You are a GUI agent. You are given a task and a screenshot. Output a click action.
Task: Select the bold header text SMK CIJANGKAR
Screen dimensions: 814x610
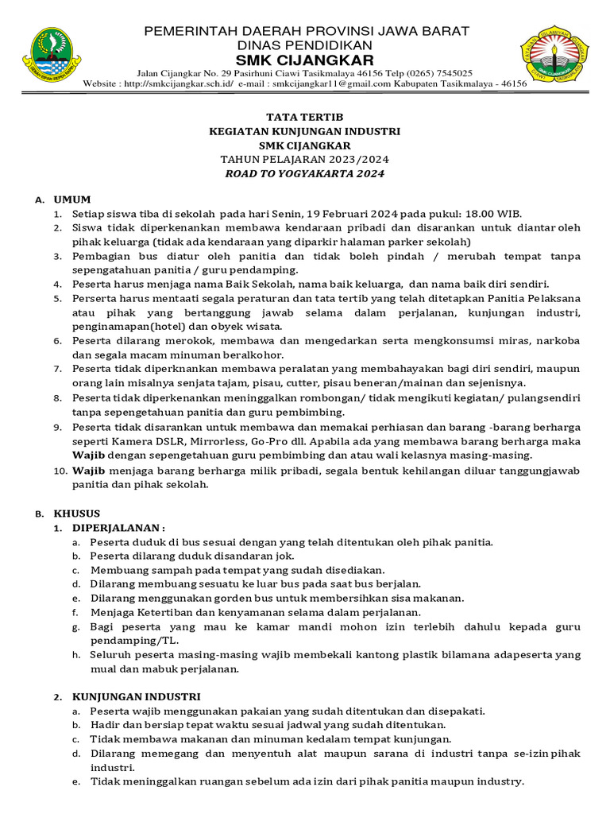(x=306, y=61)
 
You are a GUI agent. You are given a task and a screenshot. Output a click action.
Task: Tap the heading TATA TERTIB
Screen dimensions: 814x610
(x=305, y=116)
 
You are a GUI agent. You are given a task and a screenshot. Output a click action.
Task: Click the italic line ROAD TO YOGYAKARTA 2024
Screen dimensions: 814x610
(x=305, y=174)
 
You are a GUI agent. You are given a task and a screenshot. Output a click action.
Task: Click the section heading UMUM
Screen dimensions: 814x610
(x=72, y=200)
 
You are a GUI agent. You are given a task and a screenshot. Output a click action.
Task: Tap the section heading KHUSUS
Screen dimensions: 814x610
(x=77, y=514)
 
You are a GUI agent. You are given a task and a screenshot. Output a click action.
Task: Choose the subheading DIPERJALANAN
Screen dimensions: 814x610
(x=119, y=528)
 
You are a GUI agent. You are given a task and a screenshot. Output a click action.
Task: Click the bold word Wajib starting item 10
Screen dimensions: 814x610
(x=89, y=471)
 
